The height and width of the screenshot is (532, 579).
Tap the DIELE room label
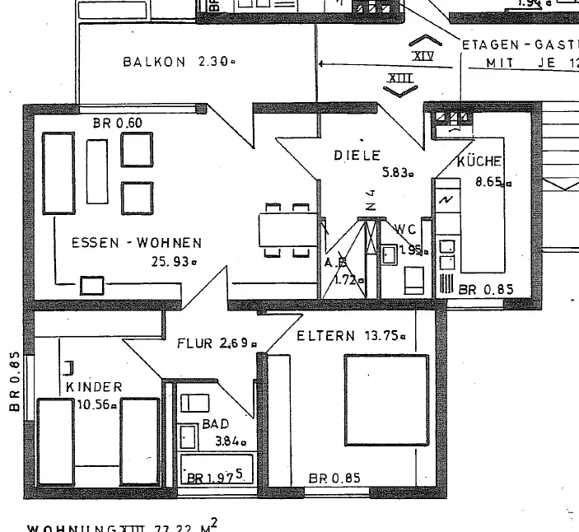point(357,155)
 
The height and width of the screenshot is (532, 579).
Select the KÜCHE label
point(479,161)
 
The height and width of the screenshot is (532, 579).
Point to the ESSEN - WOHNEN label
point(136,243)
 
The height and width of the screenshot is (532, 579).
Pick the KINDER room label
point(94,387)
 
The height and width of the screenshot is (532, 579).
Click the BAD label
point(215,425)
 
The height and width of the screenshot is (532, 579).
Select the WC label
point(406,230)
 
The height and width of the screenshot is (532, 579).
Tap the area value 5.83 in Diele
point(397,173)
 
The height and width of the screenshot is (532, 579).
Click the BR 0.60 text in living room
point(118,124)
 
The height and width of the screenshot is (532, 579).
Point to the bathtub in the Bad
point(215,469)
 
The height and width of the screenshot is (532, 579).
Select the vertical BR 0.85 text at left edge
point(14,384)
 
